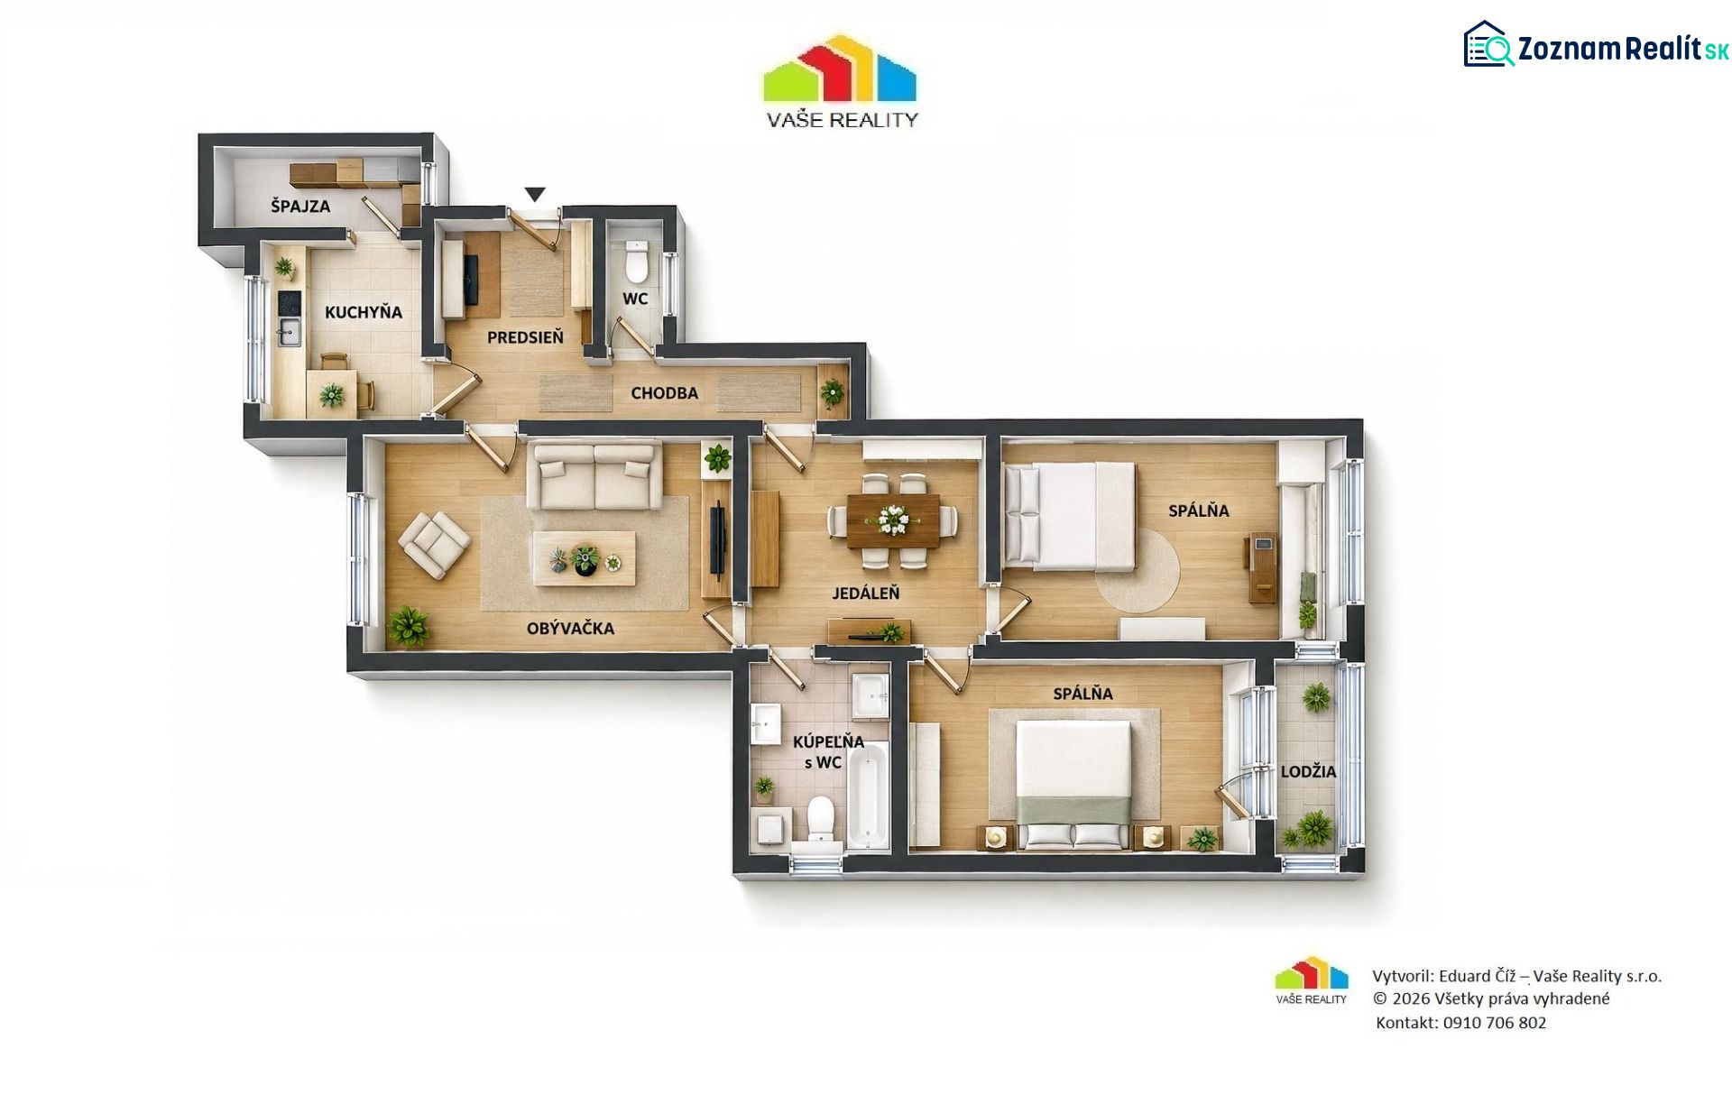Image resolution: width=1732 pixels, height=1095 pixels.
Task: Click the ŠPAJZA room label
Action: point(300,206)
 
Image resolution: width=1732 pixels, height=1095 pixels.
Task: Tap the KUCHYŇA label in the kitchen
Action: point(364,312)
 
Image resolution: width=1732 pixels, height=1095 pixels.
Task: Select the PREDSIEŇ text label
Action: point(525,337)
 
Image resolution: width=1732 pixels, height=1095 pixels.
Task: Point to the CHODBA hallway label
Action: point(664,393)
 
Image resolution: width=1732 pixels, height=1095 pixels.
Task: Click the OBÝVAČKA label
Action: point(570,629)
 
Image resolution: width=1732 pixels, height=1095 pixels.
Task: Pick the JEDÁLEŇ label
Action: point(866,594)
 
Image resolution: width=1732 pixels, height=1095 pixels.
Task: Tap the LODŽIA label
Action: point(1308,772)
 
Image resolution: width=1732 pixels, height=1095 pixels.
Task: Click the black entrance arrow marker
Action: point(535,194)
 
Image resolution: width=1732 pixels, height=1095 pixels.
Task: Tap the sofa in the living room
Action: point(594,474)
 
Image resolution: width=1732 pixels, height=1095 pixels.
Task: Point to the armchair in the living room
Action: point(435,544)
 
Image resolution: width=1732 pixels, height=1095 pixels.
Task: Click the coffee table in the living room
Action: point(585,559)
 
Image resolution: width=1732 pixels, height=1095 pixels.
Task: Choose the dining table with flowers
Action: point(893,520)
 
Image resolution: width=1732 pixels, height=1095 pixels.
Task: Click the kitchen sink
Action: point(289,332)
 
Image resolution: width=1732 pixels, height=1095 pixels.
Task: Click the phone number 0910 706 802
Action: point(1494,1023)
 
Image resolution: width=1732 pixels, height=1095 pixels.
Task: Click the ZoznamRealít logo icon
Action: point(1488,44)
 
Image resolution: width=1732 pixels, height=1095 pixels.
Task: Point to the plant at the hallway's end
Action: point(832,392)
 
